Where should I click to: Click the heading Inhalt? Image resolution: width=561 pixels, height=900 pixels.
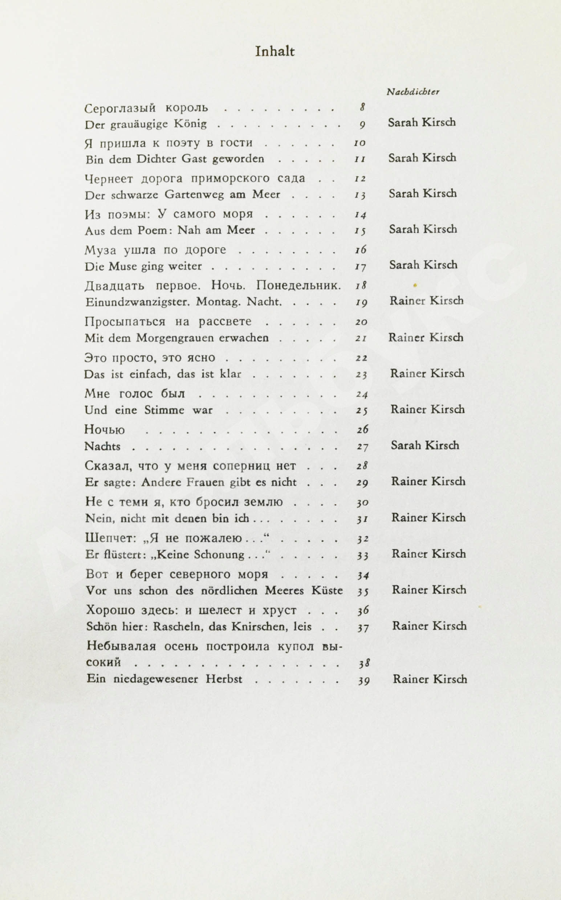(x=275, y=52)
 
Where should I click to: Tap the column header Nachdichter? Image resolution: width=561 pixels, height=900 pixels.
(x=413, y=92)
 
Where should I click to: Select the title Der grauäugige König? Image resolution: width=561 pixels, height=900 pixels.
(x=146, y=124)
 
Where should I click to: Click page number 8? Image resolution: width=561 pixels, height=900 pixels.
(x=362, y=107)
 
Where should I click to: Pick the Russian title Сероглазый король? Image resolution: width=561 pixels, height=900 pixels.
(x=146, y=108)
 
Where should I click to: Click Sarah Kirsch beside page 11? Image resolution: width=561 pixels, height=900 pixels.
(x=422, y=158)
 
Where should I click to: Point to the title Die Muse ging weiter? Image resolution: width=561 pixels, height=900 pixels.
(x=143, y=266)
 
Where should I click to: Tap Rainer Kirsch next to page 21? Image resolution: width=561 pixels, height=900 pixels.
(x=426, y=337)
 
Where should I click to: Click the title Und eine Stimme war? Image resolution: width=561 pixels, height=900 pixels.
(x=149, y=410)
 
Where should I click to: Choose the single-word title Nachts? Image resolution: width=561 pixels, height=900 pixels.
(x=102, y=446)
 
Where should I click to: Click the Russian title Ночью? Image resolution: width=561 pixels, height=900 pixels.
(x=105, y=430)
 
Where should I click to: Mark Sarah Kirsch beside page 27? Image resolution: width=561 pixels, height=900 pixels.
(x=424, y=445)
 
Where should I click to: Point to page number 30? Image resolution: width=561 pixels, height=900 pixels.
(x=362, y=503)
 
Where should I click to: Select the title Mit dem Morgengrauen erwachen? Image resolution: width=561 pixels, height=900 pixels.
(x=176, y=338)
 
